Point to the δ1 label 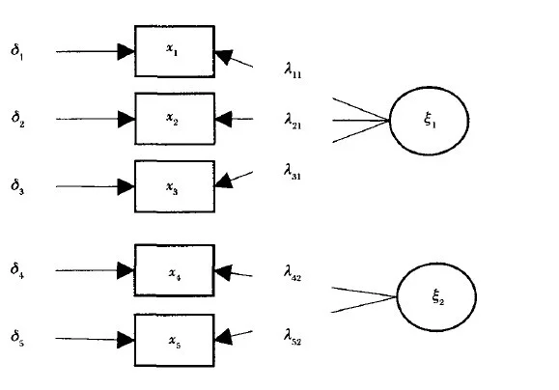point(17,52)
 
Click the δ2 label point(17,119)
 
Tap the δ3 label point(17,186)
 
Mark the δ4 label point(17,270)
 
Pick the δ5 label point(17,338)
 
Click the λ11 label point(293,70)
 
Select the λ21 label point(293,121)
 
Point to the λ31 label point(293,172)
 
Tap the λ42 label point(293,273)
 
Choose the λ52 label point(293,337)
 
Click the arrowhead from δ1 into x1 point(126,52)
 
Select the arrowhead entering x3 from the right point(224,181)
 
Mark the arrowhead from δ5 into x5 point(126,340)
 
